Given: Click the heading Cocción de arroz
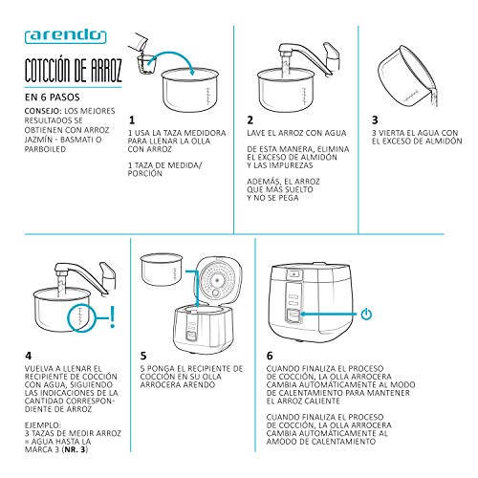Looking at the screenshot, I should pyautogui.click(x=67, y=73).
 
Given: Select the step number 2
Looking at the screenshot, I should pyautogui.click(x=250, y=120).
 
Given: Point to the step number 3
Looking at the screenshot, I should pyautogui.click(x=376, y=120).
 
